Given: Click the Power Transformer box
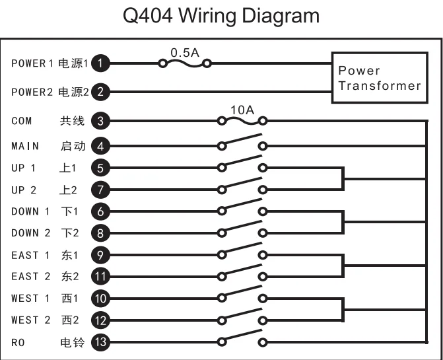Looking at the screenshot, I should pos(378,78).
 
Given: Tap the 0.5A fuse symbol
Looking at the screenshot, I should pos(184,64).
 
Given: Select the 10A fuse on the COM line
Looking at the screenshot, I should pos(242,121).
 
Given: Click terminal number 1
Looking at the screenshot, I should pos(100,64).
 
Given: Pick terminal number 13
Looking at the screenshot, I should pos(100,342).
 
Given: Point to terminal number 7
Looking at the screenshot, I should pos(100,190).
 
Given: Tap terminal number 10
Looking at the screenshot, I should pos(100,298).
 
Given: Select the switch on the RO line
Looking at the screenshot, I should pos(242,339).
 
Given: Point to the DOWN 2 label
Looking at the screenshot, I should pos(30,233).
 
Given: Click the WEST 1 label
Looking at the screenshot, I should pos(30,299).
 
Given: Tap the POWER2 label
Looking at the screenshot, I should pos(32,92).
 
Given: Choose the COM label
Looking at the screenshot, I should pos(21,121).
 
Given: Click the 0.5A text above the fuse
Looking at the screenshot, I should pos(184,52).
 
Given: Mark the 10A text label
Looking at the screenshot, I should pos(242,109).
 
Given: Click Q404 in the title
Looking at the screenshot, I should pos(153,16).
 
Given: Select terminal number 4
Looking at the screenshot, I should pos(100,146).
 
